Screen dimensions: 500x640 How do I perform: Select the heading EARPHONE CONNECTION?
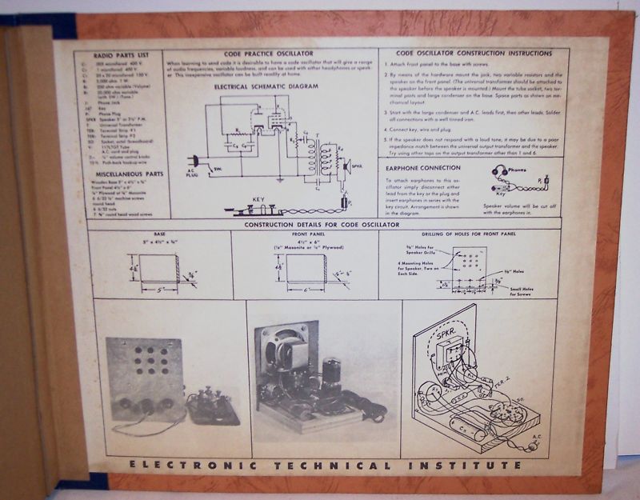pyautogui.click(x=422, y=168)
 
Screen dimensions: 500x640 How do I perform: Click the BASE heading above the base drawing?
pyautogui.click(x=158, y=234)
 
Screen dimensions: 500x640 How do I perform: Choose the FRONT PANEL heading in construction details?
pyautogui.click(x=305, y=234)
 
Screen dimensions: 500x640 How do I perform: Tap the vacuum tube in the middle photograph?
pyautogui.click(x=332, y=373)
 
